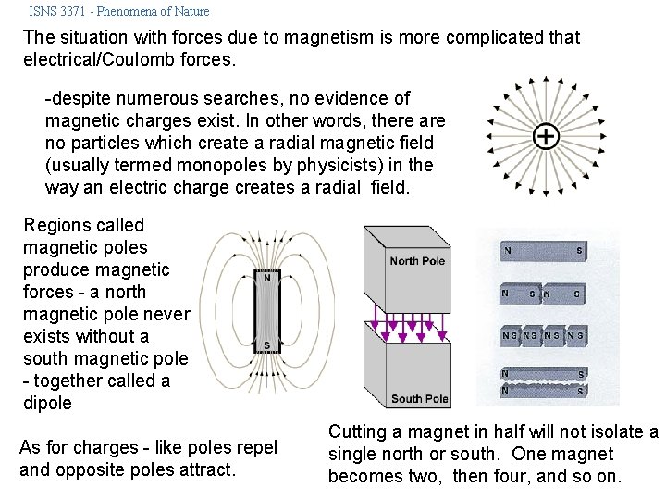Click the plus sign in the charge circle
[547, 137]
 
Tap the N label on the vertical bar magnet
[267, 277]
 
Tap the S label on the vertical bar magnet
[267, 345]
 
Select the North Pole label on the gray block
[417, 261]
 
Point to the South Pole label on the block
[419, 399]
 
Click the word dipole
[47, 403]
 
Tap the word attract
[205, 469]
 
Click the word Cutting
[360, 431]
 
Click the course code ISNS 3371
[61, 12]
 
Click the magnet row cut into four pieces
[542, 334]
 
